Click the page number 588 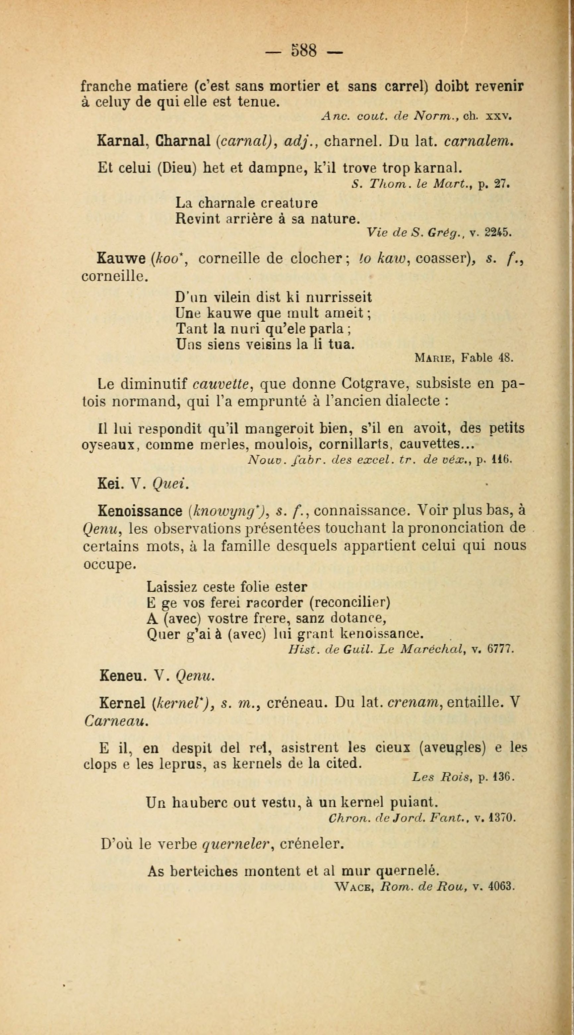pos(304,51)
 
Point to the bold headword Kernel pos(122,702)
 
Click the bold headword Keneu pos(121,677)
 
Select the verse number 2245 pos(498,232)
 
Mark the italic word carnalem pos(479,141)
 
